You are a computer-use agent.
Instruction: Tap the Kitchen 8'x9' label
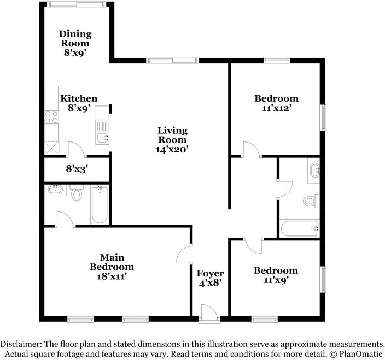tap(79, 103)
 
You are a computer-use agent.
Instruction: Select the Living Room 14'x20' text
tap(172, 139)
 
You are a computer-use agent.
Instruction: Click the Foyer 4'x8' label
tap(211, 278)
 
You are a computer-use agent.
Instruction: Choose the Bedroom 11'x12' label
tap(277, 103)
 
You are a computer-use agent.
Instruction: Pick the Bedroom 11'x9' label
tap(276, 275)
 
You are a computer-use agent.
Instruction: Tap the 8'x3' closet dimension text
tap(77, 169)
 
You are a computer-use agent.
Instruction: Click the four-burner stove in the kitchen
tap(51, 116)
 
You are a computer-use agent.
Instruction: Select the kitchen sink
tap(102, 137)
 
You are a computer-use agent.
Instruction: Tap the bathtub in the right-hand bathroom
tap(299, 228)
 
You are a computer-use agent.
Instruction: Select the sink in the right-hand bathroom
tap(314, 169)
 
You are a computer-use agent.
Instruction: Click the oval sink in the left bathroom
tap(55, 191)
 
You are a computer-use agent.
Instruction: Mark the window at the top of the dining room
tap(76, 4)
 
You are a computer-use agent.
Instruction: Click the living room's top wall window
tap(172, 60)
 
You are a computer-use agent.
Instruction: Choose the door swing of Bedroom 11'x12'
tap(250, 149)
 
